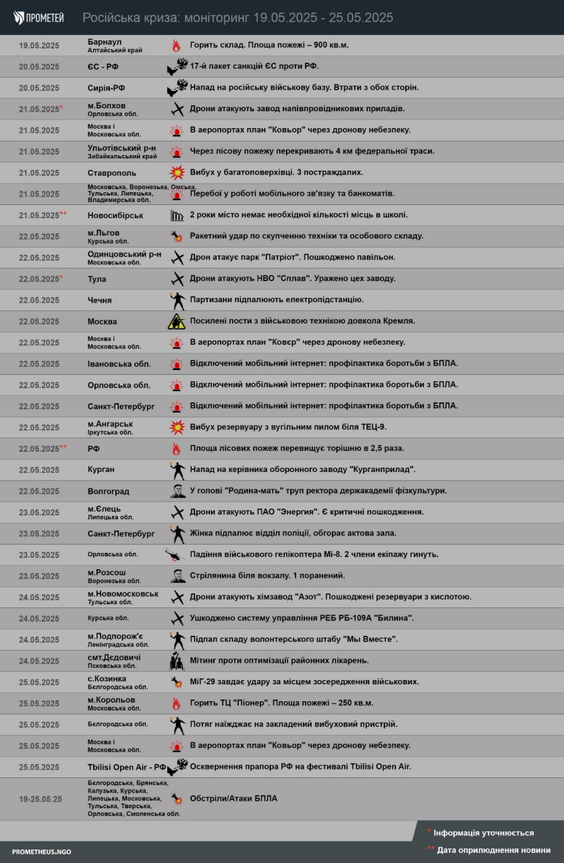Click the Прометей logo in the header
click(x=38, y=18)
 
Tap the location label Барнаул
click(x=105, y=42)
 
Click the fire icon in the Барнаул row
click(x=176, y=46)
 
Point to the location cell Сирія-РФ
click(x=107, y=88)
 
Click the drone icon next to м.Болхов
click(x=177, y=109)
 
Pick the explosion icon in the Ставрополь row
click(x=177, y=173)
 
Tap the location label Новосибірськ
click(x=115, y=215)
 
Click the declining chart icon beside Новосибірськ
click(x=177, y=215)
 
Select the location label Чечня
click(x=100, y=300)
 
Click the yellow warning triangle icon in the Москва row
click(x=177, y=322)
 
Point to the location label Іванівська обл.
click(x=119, y=364)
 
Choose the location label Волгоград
click(x=109, y=492)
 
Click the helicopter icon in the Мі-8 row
click(x=175, y=555)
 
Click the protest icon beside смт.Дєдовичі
click(x=177, y=661)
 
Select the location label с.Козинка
click(x=107, y=678)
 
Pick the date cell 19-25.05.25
click(x=40, y=799)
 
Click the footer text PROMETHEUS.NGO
click(x=41, y=852)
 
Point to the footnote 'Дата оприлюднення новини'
click(x=492, y=850)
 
